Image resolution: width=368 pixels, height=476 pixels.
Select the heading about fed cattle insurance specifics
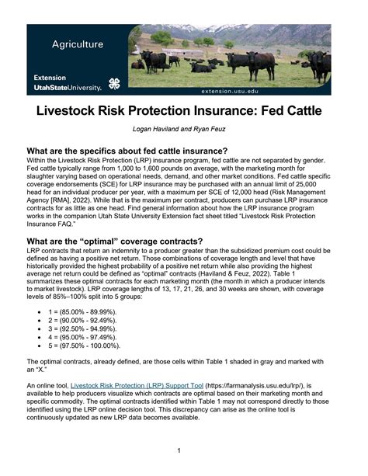tap(127, 151)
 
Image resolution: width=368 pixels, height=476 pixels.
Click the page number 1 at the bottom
tap(179, 450)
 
